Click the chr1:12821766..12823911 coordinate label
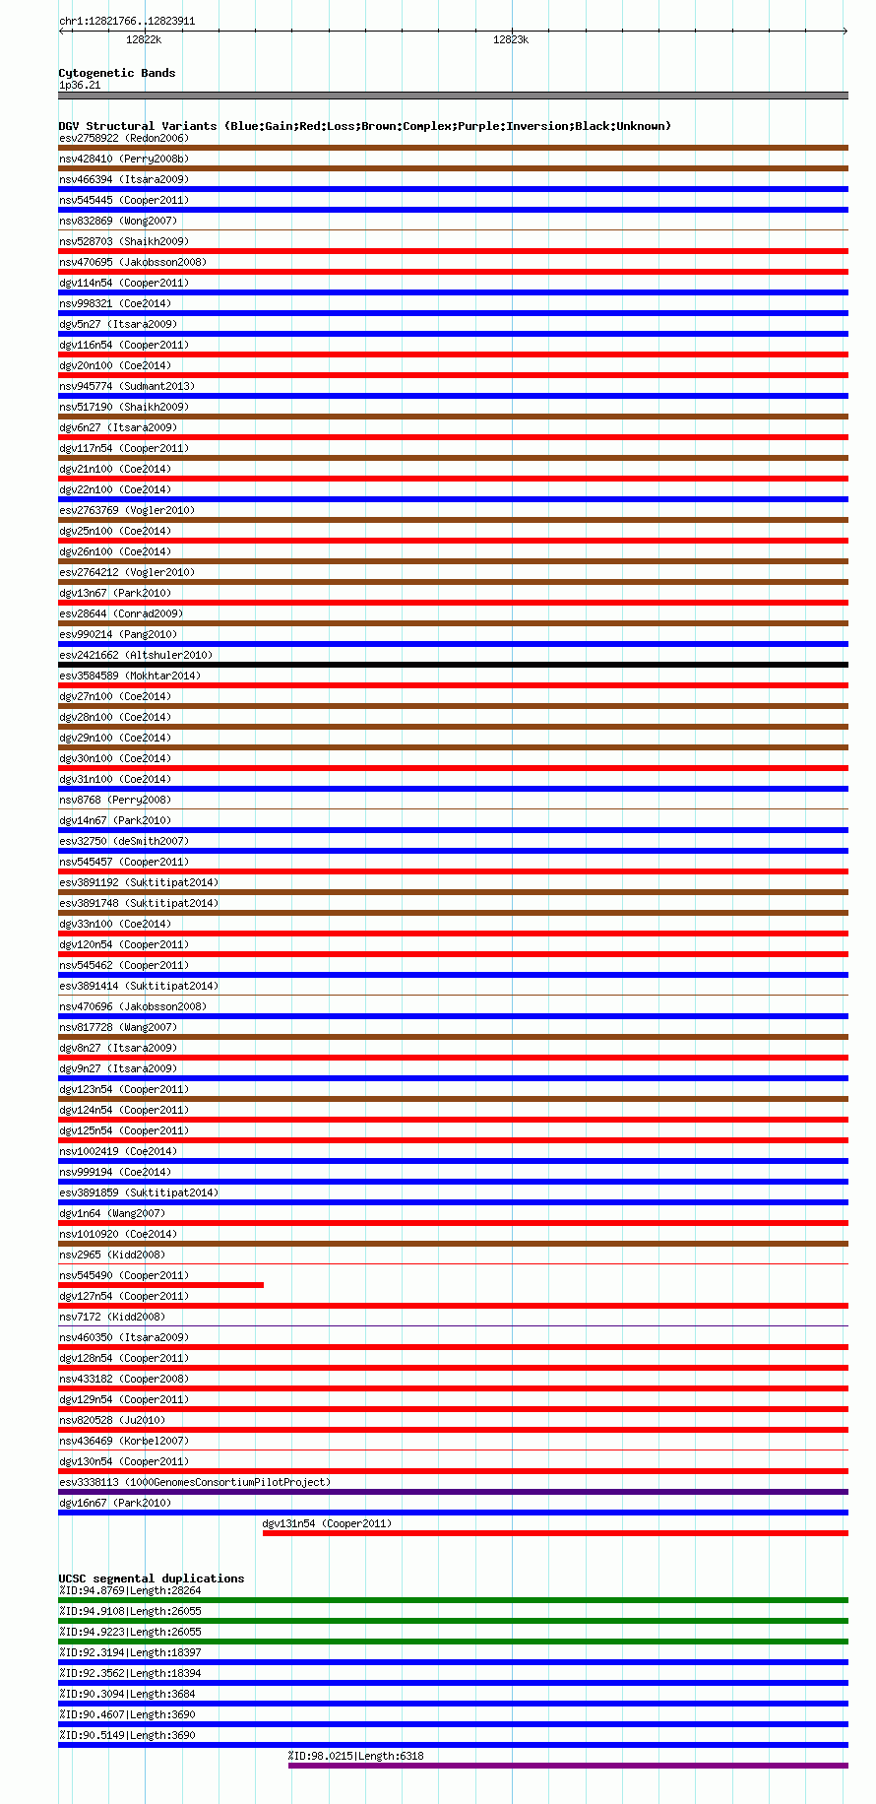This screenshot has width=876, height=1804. pyautogui.click(x=126, y=21)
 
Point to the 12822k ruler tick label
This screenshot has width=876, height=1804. pyautogui.click(x=144, y=39)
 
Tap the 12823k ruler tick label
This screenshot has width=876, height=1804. pyautogui.click(x=511, y=39)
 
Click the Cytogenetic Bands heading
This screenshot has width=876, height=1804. pyautogui.click(x=116, y=73)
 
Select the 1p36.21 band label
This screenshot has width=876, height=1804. pyautogui.click(x=80, y=85)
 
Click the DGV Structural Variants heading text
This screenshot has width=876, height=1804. pyautogui.click(x=364, y=126)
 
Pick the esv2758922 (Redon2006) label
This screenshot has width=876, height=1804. pyautogui.click(x=123, y=138)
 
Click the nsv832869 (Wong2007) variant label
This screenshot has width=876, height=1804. pyautogui.click(x=117, y=221)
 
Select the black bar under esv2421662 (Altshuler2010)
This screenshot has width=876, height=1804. pyautogui.click(x=453, y=665)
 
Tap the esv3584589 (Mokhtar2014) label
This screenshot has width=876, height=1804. pyautogui.click(x=129, y=676)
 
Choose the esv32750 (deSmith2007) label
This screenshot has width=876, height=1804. pyautogui.click(x=123, y=841)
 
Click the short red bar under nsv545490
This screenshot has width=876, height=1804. pyautogui.click(x=160, y=1285)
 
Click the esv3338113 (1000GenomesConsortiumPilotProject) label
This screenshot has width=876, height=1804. pyautogui.click(x=194, y=1482)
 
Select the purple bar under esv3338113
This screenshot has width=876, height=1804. pyautogui.click(x=453, y=1492)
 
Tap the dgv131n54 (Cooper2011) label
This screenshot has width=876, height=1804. pyautogui.click(x=326, y=1523)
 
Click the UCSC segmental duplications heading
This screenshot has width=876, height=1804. pyautogui.click(x=151, y=1578)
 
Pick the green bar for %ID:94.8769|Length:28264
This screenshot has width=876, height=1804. pyautogui.click(x=453, y=1600)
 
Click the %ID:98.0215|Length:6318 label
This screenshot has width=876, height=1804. pyautogui.click(x=355, y=1756)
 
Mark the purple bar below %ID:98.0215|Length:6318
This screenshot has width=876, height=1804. pyautogui.click(x=568, y=1766)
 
